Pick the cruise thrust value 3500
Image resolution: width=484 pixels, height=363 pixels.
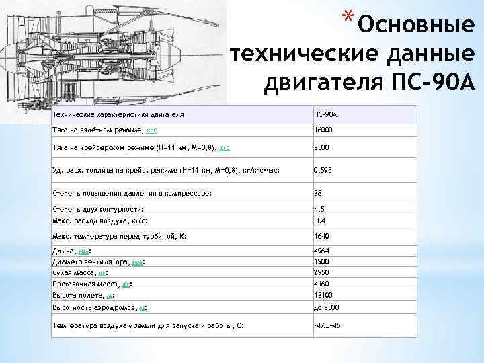click(321, 147)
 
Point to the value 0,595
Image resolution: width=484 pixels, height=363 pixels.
click(322, 171)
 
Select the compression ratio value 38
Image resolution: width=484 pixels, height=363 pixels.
click(318, 194)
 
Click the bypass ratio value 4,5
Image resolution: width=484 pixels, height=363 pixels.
click(319, 210)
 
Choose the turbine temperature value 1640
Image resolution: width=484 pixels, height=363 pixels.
click(321, 237)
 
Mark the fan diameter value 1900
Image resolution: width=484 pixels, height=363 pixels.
click(321, 262)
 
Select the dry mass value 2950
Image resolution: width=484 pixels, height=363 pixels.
click(321, 273)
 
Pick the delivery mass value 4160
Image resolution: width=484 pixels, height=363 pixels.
click(321, 284)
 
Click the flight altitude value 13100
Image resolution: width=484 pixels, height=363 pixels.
click(323, 296)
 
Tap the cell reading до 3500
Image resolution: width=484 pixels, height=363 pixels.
click(327, 308)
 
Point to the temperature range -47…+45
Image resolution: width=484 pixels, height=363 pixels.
click(327, 326)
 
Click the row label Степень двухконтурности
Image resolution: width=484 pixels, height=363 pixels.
click(98, 210)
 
